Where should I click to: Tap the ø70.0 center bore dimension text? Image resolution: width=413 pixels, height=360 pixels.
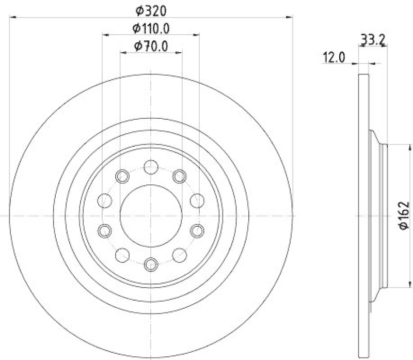[151, 46]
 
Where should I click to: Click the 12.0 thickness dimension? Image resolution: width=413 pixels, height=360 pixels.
[333, 57]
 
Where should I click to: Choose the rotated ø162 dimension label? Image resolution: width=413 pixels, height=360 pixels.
[404, 215]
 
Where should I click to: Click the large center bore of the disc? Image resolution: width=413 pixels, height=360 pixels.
[151, 215]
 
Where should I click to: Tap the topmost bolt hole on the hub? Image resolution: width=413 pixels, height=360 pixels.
[151, 167]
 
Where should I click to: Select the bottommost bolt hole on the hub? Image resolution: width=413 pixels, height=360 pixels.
[151, 264]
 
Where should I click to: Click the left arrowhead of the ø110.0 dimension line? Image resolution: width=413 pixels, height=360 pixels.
[105, 36]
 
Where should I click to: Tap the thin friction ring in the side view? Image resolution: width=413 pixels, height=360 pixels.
[363, 103]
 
